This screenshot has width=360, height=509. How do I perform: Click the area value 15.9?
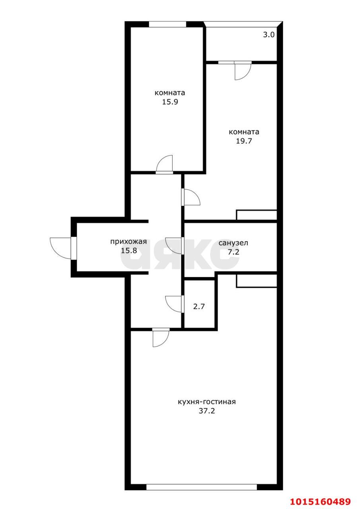pos(170,102)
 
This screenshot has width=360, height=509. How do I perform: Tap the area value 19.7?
pos(244,141)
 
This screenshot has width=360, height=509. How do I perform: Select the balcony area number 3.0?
pos(269,35)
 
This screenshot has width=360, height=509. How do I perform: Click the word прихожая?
pos(128,241)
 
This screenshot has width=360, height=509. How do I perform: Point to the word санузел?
pos(233,243)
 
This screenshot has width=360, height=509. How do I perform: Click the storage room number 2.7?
pos(199,307)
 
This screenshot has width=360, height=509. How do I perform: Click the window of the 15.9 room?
pos(167,24)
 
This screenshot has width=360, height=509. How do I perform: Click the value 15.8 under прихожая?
pos(128,251)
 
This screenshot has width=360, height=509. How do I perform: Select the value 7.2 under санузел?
pos(234,252)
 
